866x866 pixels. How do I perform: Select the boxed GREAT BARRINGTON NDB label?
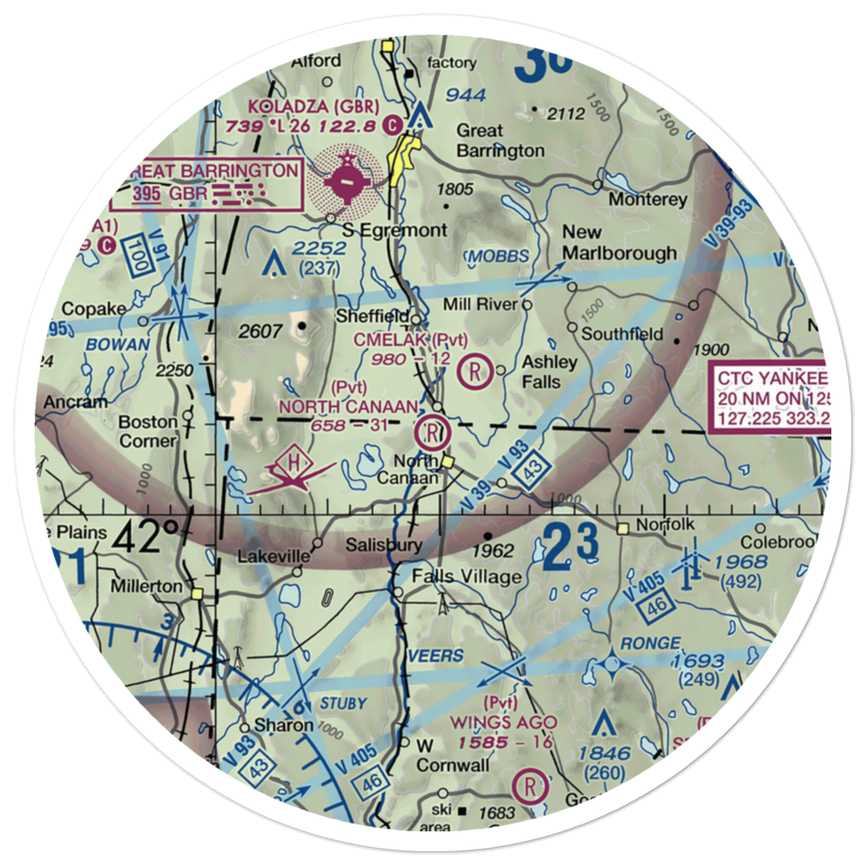[208, 182]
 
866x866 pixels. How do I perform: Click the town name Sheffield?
[371, 317]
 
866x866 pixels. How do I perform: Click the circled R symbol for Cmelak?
[475, 371]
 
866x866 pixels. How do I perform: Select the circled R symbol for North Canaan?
[431, 430]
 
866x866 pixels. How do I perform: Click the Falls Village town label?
[467, 577]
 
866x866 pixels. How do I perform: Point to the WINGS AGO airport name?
[502, 721]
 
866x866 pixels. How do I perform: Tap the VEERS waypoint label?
[435, 656]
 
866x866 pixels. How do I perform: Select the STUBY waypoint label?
[343, 703]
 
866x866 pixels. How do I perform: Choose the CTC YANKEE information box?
[769, 398]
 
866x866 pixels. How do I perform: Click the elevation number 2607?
[260, 330]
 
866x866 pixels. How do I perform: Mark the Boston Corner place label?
[148, 431]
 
